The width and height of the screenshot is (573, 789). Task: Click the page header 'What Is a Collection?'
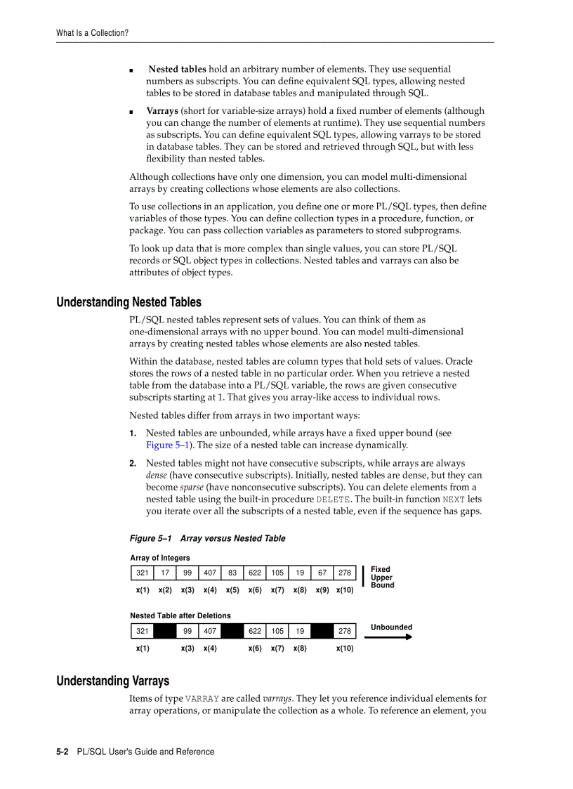pos(92,33)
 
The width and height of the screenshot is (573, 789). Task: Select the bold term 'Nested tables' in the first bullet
pos(177,70)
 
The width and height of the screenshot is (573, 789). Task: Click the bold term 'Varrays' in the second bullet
pos(162,111)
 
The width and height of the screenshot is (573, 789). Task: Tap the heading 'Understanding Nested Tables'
pos(129,302)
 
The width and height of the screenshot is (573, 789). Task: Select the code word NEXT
pos(454,500)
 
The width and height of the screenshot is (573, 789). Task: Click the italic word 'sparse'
pos(192,488)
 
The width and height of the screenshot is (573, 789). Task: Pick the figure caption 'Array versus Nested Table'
pos(232,538)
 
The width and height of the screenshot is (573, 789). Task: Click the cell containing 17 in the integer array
pos(165,573)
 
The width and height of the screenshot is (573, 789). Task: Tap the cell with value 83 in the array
pos(232,573)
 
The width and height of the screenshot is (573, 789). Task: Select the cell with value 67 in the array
pos(322,573)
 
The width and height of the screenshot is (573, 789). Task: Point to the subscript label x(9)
pos(322,590)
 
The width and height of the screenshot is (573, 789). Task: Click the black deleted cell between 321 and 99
pos(165,631)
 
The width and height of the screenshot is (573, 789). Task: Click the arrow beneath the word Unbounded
pos(388,637)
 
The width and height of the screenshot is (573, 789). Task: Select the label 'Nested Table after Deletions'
pos(180,615)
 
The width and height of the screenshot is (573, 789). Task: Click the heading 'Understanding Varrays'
pos(112,681)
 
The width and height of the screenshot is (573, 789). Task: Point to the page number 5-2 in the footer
pos(62,752)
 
